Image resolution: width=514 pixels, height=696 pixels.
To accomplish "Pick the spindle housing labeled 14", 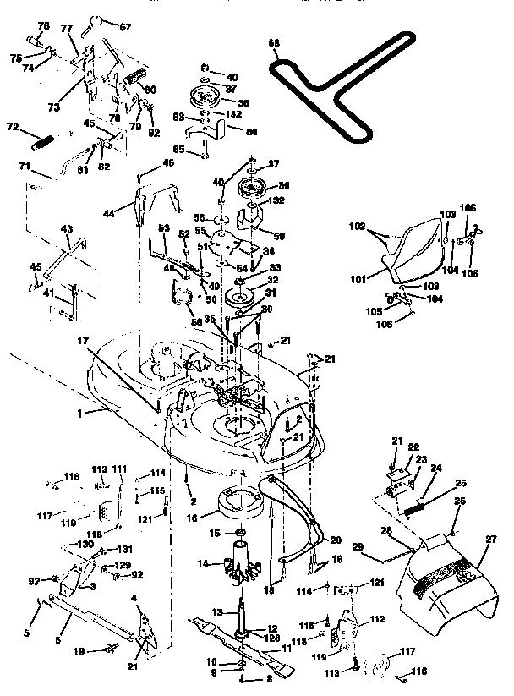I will [242, 566].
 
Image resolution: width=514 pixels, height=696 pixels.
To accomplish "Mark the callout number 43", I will [67, 228].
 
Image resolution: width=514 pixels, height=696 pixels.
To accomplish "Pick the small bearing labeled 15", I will [239, 533].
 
